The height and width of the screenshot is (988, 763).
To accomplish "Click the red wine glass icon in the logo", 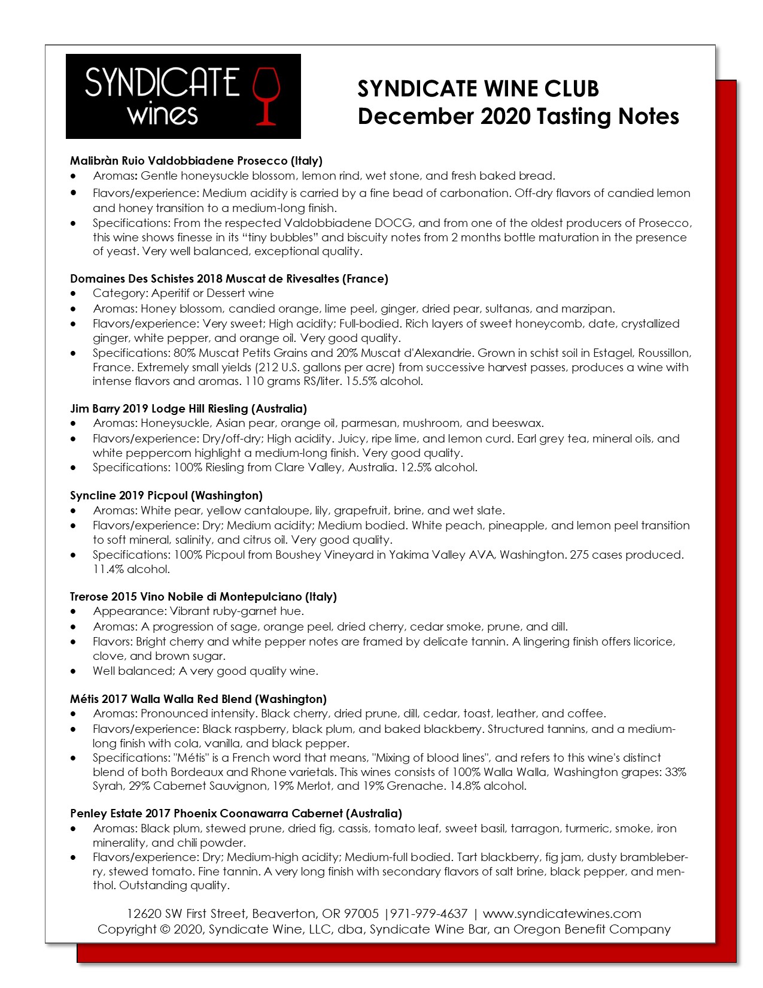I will (x=266, y=96).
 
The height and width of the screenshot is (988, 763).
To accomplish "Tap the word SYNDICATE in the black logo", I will (x=162, y=83).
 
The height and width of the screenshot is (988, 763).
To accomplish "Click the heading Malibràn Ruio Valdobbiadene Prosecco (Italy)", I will (x=196, y=160).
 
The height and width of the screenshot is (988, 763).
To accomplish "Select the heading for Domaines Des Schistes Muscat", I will (x=229, y=278).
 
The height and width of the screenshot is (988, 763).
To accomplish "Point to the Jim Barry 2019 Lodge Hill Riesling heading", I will (x=189, y=408).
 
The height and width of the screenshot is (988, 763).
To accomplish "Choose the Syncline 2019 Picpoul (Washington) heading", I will (x=166, y=495).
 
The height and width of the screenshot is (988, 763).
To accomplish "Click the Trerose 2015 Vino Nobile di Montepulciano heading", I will (x=203, y=596).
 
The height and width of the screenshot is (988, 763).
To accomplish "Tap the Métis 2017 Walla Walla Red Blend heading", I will (x=198, y=699).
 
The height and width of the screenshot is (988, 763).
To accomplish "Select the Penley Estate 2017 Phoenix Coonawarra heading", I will (x=236, y=813).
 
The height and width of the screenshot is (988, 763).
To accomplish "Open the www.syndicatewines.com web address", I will (x=562, y=914).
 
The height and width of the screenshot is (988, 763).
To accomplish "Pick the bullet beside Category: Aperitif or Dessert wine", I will (x=74, y=293).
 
